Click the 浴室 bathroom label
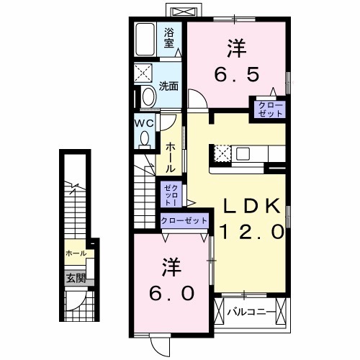tap(169, 37)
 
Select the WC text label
tap(143, 122)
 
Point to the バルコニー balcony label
tap(251, 312)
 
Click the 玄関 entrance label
tap(76, 278)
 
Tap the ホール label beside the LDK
tap(170, 157)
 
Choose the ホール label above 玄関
tap(75, 253)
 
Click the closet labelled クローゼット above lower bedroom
tap(184, 220)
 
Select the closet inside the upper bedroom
tap(267, 109)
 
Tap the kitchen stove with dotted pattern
tap(222, 153)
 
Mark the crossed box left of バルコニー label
tap(220, 312)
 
